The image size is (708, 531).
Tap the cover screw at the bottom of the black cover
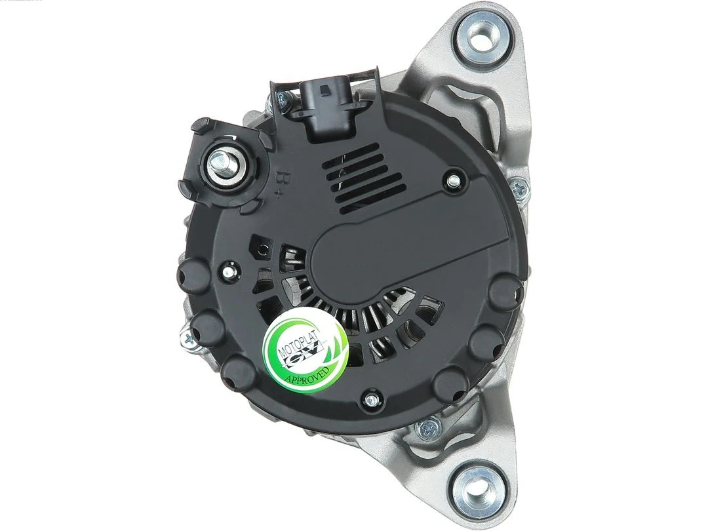tap(371, 400)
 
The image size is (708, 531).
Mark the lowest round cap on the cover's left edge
tap(238, 374)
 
